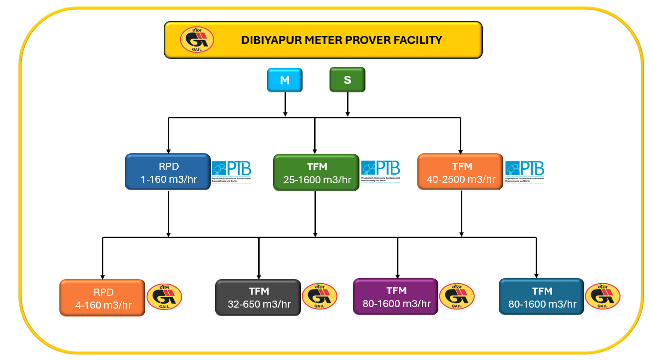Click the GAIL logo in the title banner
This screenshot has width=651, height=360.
pos(197,40)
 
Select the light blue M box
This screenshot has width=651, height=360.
pos(285,80)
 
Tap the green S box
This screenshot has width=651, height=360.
pos(347,80)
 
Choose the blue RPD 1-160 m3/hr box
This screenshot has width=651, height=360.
pos(167,172)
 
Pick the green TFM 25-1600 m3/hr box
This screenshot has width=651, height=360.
pos(316,173)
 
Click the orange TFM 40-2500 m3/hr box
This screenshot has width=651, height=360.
pos(460,172)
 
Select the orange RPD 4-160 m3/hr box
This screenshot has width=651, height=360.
pos(102,298)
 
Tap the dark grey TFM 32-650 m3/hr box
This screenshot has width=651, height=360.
pos(258,298)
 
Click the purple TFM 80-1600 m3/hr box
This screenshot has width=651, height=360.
pos(395,297)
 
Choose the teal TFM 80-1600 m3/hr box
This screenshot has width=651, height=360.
pos(541,297)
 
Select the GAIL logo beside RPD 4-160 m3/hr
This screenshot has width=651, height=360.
pos(164,297)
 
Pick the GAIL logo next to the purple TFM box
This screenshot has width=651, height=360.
pos(457,296)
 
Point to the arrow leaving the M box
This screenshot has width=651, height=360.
pos(285,105)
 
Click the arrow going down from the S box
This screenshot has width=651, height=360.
pos(347,105)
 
